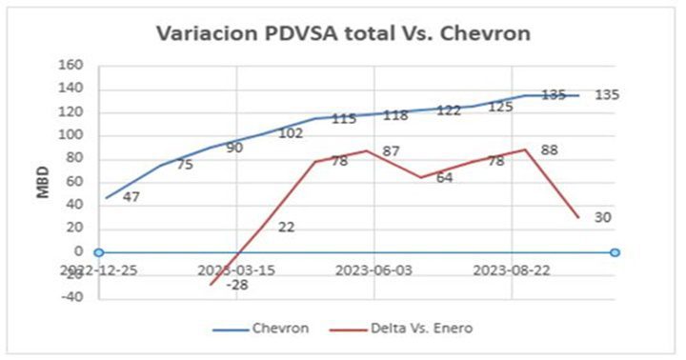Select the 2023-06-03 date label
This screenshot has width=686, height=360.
tap(373, 270)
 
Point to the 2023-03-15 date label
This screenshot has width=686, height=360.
tap(235, 270)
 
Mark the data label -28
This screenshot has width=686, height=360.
tap(238, 284)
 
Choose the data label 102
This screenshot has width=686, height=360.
tap(292, 133)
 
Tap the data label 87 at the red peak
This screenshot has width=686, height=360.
tap(390, 150)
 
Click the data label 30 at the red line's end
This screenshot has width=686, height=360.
tap(602, 217)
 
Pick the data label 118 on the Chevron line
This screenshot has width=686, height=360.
tap(395, 115)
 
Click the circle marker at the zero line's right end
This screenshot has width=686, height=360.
tap(615, 252)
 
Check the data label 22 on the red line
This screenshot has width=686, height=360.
tap(287, 227)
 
